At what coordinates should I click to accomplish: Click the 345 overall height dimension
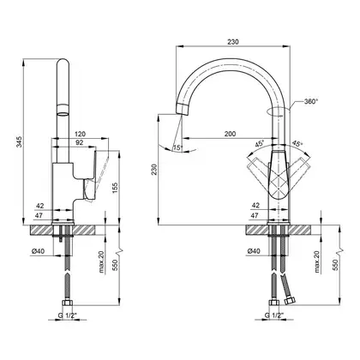click(19, 142)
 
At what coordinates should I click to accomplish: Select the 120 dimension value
click(80, 134)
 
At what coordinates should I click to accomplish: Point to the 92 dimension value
click(79, 142)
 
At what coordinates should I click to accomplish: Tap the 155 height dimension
click(115, 188)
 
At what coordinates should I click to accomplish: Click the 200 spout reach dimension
click(230, 134)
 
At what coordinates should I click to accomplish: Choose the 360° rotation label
click(311, 101)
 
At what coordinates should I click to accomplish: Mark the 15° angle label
click(177, 147)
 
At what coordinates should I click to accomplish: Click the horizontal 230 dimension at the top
click(233, 42)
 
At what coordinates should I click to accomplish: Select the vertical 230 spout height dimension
click(154, 170)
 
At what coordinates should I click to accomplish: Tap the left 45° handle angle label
click(260, 144)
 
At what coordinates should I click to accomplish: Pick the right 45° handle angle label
click(297, 144)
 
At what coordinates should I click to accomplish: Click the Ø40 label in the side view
click(39, 251)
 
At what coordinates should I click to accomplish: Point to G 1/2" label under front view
click(273, 315)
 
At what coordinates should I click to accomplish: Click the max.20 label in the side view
click(102, 261)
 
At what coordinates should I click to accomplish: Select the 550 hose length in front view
click(335, 265)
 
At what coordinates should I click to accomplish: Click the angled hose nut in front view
click(290, 301)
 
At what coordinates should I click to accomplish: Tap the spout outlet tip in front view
click(182, 109)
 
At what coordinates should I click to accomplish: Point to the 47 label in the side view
click(39, 216)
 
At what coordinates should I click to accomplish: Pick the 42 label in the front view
click(255, 205)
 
